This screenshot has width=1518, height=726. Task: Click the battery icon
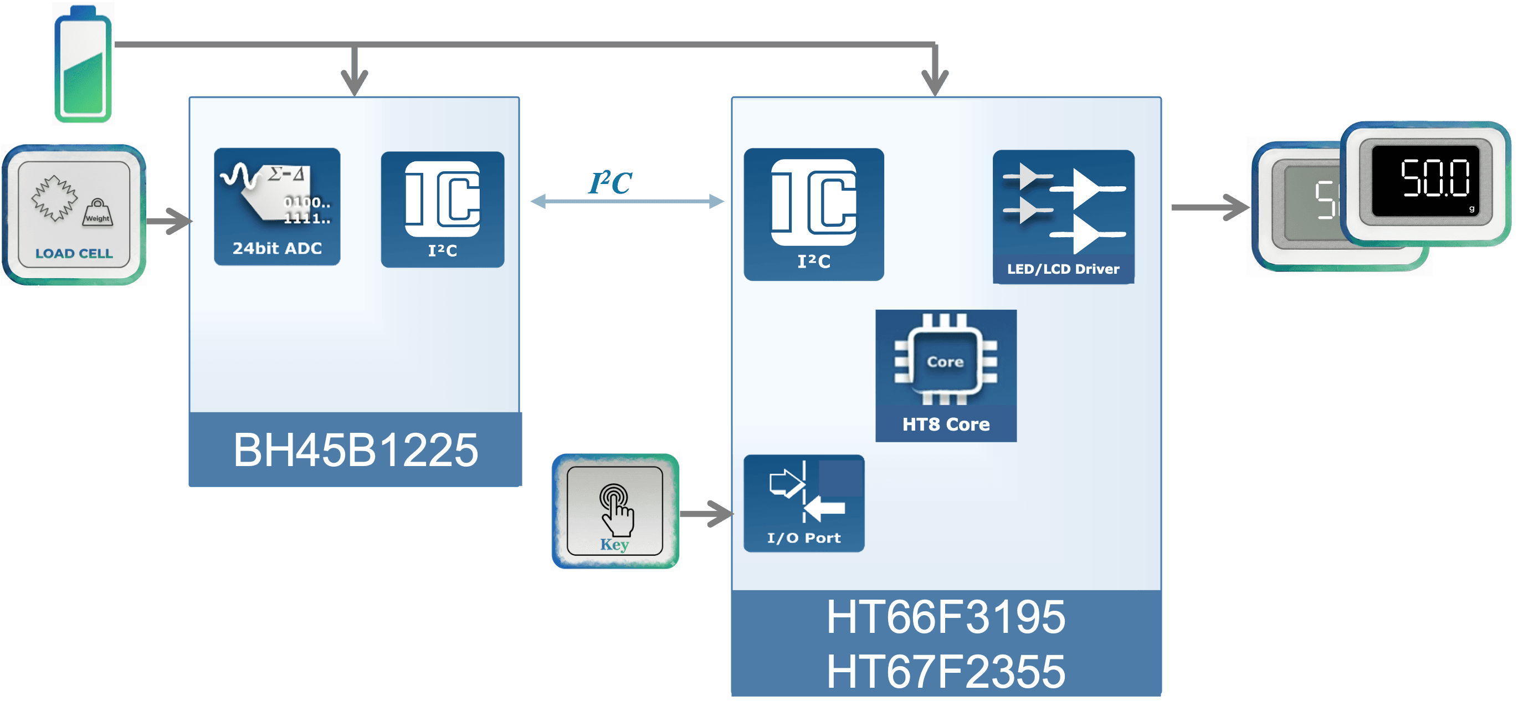83,64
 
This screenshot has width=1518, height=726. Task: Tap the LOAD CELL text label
74,253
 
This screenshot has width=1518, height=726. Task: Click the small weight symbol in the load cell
98,213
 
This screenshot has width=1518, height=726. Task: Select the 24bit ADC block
277,207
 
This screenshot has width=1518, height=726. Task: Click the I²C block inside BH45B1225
443,209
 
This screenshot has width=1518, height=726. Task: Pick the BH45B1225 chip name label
355,450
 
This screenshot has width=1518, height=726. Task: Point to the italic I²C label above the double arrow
611,183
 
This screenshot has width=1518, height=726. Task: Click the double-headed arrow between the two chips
627,202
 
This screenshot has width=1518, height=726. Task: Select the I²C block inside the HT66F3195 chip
814,214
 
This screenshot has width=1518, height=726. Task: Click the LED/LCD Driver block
1063,216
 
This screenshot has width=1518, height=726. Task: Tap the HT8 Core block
946,375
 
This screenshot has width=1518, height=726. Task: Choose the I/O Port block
804,503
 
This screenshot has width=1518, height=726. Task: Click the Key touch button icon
614,510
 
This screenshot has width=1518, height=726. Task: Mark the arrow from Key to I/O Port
707,514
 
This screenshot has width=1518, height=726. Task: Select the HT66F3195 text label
946,617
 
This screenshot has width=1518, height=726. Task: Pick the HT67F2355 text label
946,671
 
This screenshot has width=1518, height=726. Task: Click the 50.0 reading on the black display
1435,178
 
